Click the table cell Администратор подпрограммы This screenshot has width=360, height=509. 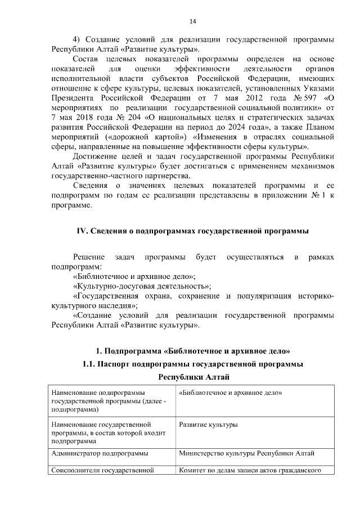click(x=100, y=453)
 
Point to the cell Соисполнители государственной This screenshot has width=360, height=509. click(x=102, y=470)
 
